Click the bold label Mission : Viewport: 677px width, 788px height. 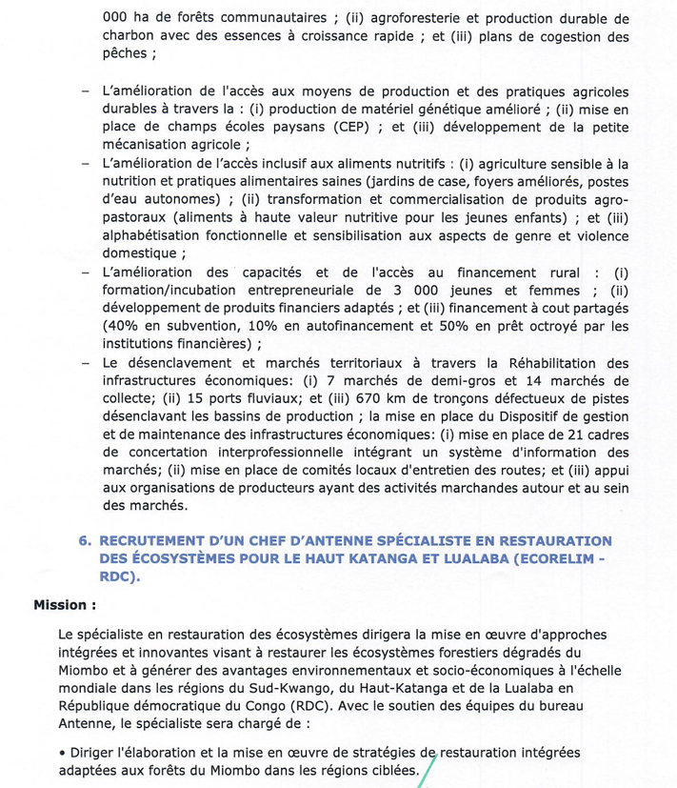65,604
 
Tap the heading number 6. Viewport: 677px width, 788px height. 85,541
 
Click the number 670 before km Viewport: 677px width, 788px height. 374,398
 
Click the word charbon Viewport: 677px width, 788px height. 129,37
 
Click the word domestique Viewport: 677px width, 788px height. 139,253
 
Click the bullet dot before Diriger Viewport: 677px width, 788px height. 62,753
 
